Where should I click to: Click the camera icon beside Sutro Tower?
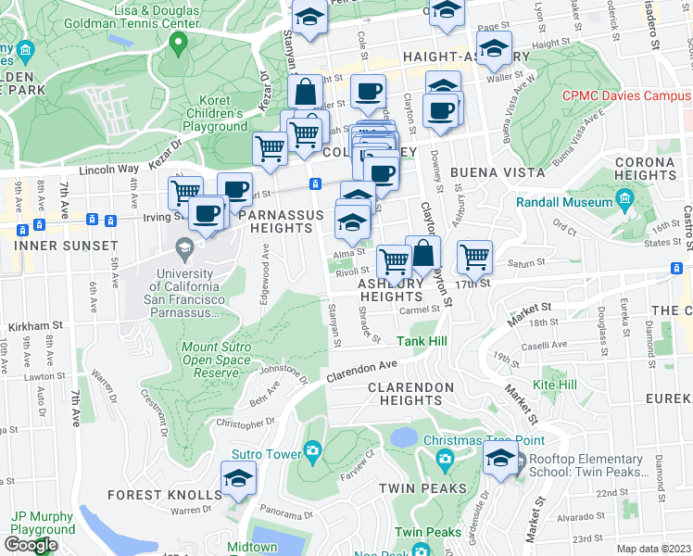pyautogui.click(x=312, y=452)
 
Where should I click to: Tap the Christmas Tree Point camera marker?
pyautogui.click(x=445, y=458)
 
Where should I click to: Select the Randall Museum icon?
pyautogui.click(x=624, y=201)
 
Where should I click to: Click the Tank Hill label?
pyautogui.click(x=424, y=342)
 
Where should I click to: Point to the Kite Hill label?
pyautogui.click(x=555, y=384)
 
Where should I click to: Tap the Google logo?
pyautogui.click(x=31, y=545)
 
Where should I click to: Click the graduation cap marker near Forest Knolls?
pyautogui.click(x=238, y=479)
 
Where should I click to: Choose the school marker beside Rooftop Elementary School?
pyautogui.click(x=501, y=458)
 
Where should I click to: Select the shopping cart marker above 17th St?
pyautogui.click(x=474, y=257)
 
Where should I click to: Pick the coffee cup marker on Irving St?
pyautogui.click(x=207, y=213)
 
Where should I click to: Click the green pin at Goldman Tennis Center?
pyautogui.click(x=180, y=43)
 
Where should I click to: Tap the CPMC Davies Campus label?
pyautogui.click(x=626, y=95)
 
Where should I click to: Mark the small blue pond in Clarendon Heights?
pyautogui.click(x=404, y=436)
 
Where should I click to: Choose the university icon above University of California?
pyautogui.click(x=185, y=246)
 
